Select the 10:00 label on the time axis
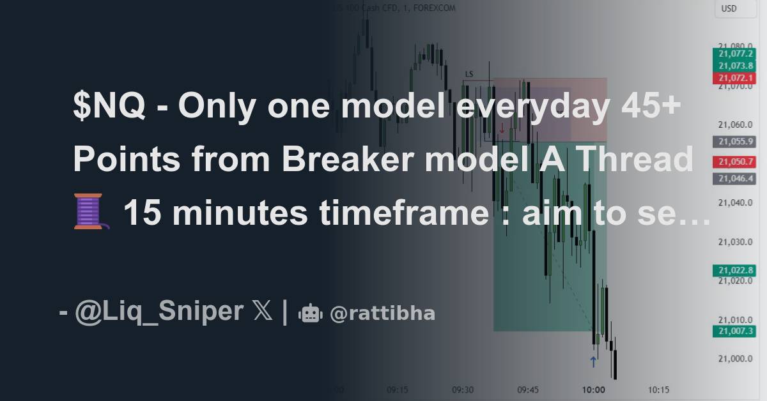tap(594, 390)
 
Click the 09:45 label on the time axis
tap(529, 390)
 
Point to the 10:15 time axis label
tap(659, 390)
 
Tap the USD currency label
tap(729, 8)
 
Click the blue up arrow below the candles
tap(593, 362)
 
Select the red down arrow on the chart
tap(502, 128)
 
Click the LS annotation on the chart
tap(469, 74)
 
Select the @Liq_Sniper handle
tap(159, 312)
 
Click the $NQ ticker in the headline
tap(109, 107)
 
